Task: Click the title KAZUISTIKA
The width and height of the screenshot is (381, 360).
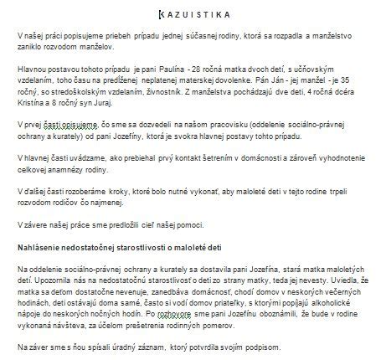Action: click(190, 14)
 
